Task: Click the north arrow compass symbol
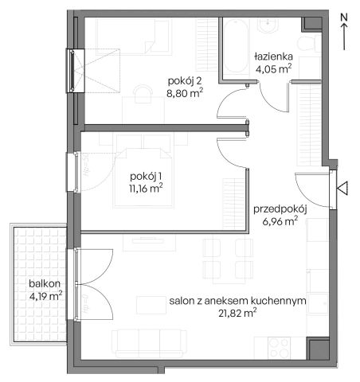tap(342, 28)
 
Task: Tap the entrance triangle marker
tap(343, 188)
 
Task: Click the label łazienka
tap(273, 57)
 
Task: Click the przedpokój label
tap(280, 209)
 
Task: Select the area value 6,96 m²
tap(280, 222)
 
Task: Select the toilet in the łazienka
tap(307, 43)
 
